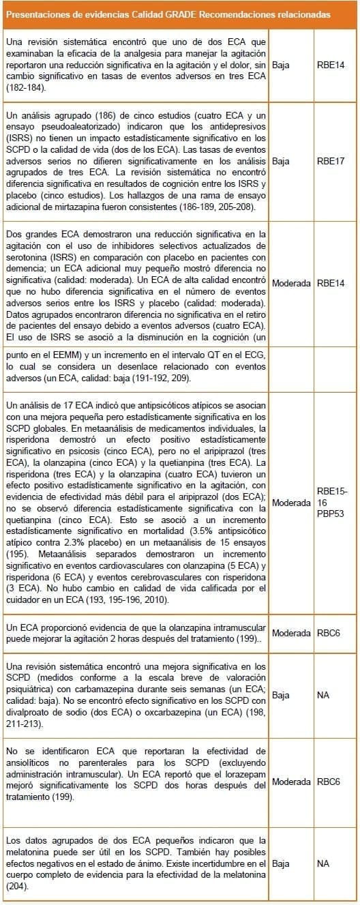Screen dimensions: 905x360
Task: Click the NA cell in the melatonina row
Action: tap(323, 863)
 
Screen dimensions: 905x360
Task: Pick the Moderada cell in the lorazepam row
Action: tap(292, 782)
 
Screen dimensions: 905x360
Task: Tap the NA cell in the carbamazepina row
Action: tap(323, 696)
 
